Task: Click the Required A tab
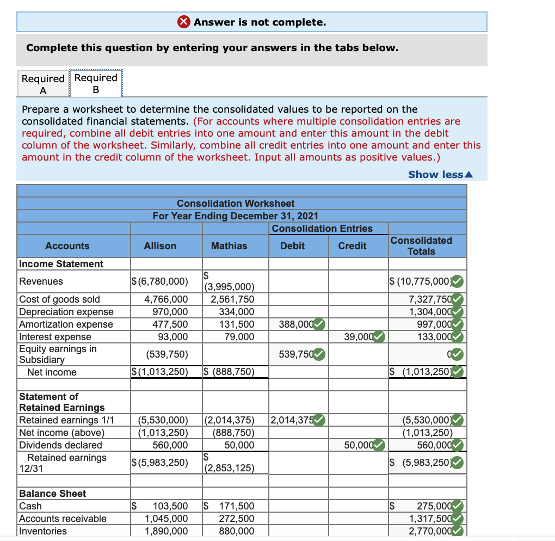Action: pyautogui.click(x=43, y=84)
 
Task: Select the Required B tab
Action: pyautogui.click(x=96, y=83)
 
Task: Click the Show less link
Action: pyautogui.click(x=440, y=174)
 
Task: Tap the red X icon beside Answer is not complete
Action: pyautogui.click(x=184, y=22)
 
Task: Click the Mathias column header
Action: pyautogui.click(x=229, y=246)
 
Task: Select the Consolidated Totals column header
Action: pyautogui.click(x=421, y=246)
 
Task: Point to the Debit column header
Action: pyautogui.click(x=292, y=246)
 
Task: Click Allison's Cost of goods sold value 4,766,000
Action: pyautogui.click(x=166, y=299)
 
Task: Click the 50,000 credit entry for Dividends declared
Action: pyautogui.click(x=359, y=445)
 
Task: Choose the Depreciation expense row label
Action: pyautogui.click(x=66, y=312)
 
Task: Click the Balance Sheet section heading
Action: pyautogui.click(x=52, y=494)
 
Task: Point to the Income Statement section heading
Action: pyautogui.click(x=61, y=264)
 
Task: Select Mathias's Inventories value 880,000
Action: pyautogui.click(x=237, y=531)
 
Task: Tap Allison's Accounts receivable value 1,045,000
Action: pyautogui.click(x=166, y=519)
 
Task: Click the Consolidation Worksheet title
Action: pyautogui.click(x=236, y=204)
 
